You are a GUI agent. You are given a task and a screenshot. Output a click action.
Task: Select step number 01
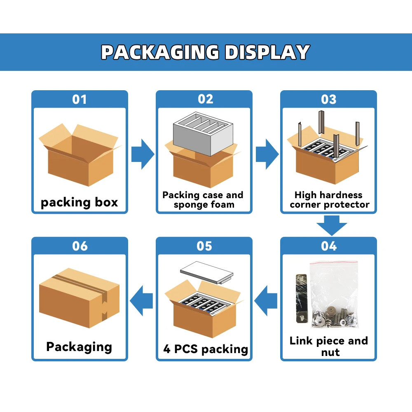[x=80, y=99]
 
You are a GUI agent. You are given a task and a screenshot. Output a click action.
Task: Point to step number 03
[x=328, y=99]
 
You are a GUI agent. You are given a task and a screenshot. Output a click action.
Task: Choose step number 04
[x=328, y=246]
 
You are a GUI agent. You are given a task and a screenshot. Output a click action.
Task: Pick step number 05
[x=204, y=246]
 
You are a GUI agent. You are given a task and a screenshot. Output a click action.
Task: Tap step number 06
[x=80, y=246]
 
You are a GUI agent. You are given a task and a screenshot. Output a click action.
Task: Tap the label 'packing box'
[x=79, y=202]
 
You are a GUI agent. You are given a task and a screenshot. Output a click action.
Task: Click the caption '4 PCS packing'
[x=206, y=349]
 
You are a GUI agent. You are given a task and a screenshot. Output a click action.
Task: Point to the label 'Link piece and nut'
[x=328, y=346]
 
